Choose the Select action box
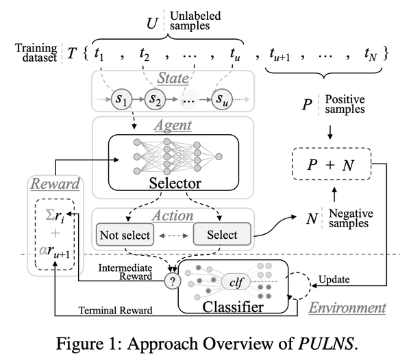[222, 235]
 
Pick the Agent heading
[173, 127]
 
